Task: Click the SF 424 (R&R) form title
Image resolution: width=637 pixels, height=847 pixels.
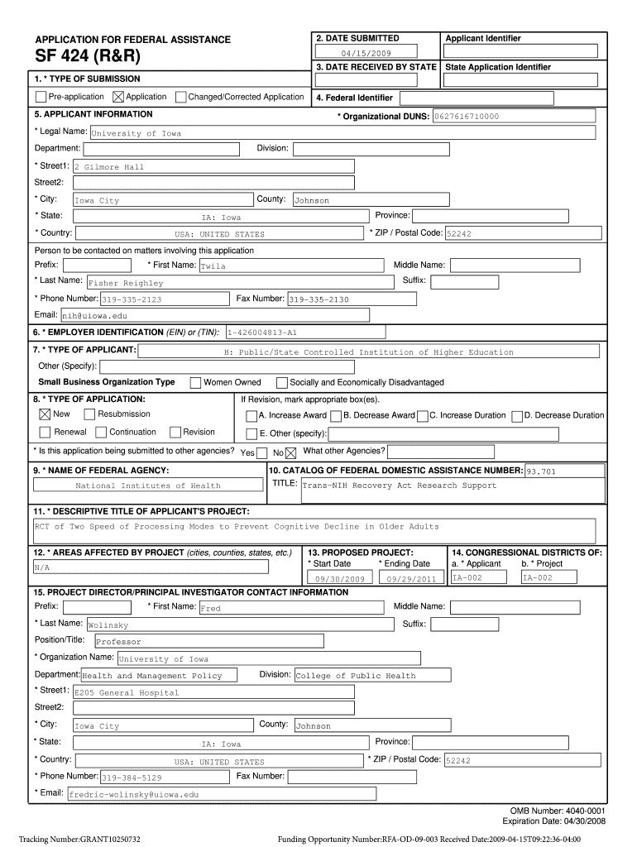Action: click(87, 57)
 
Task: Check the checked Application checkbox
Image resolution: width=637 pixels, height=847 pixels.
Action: click(118, 98)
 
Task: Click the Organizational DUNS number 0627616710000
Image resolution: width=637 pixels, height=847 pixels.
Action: click(466, 117)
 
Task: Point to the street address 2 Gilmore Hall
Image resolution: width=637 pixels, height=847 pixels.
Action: click(109, 167)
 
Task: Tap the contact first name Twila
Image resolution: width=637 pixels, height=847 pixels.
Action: click(213, 266)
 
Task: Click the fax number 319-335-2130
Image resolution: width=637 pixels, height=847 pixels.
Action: click(318, 299)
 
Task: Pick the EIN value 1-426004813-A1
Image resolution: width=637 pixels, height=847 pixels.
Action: click(261, 333)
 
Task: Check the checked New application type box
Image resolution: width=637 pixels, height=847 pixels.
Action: click(45, 414)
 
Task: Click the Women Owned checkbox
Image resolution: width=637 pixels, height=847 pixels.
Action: click(195, 383)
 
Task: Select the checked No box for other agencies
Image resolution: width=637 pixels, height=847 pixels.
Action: click(290, 452)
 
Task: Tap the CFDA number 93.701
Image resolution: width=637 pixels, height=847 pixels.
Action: click(541, 471)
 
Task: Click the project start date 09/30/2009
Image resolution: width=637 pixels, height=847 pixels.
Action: click(341, 579)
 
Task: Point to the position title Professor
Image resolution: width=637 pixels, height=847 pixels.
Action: click(119, 641)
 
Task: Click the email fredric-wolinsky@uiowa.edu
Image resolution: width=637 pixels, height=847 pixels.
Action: click(134, 794)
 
